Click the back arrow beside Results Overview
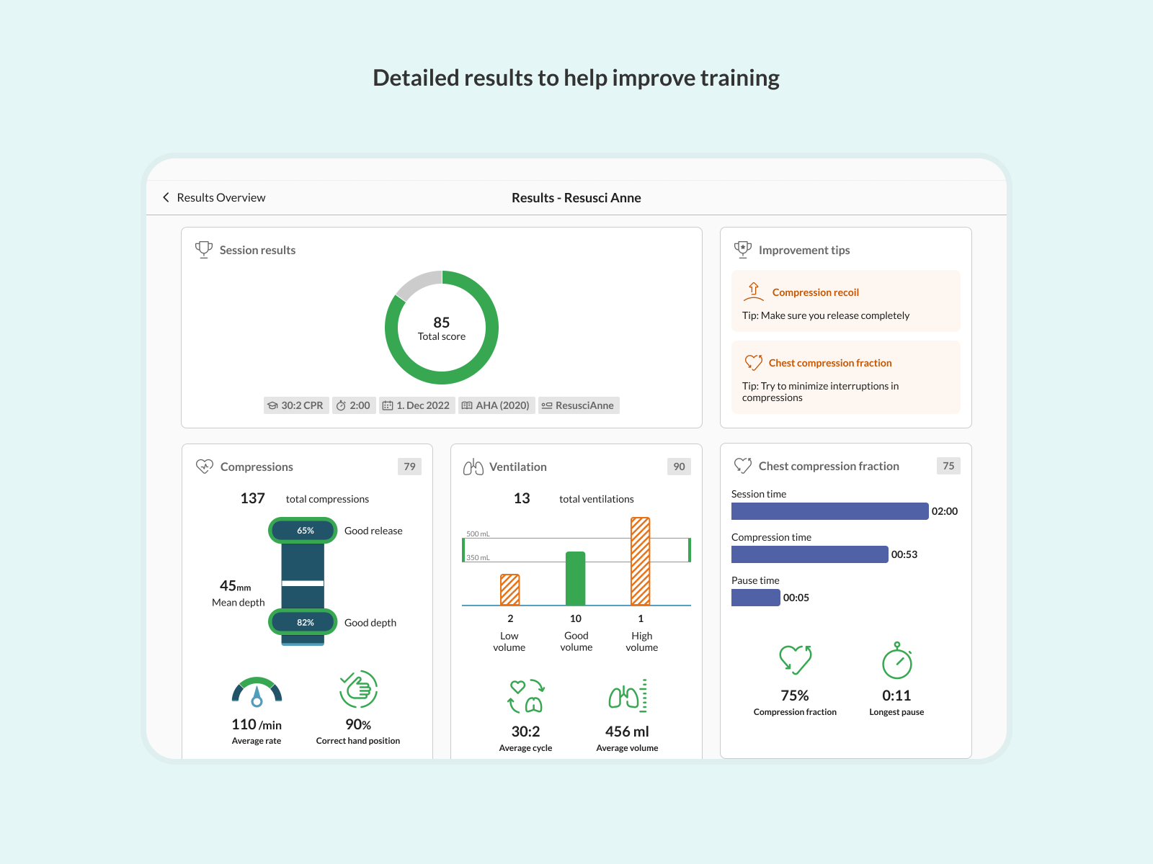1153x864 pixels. pyautogui.click(x=166, y=197)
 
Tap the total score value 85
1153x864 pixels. pyautogui.click(x=442, y=323)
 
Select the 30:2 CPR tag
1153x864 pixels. pyautogui.click(x=296, y=405)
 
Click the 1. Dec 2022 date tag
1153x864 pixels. pyautogui.click(x=417, y=405)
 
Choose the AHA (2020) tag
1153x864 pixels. pyautogui.click(x=496, y=405)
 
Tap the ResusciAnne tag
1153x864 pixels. pyautogui.click(x=578, y=405)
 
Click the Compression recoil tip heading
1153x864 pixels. pyautogui.click(x=815, y=292)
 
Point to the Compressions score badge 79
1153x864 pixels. pyautogui.click(x=409, y=467)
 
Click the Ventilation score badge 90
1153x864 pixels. pyautogui.click(x=679, y=467)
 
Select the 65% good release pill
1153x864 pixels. pyautogui.click(x=303, y=531)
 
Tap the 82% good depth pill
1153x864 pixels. pyautogui.click(x=303, y=622)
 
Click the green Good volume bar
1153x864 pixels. pyautogui.click(x=575, y=579)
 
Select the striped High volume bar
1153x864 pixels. pyautogui.click(x=641, y=562)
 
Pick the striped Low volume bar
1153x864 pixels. pyautogui.click(x=510, y=590)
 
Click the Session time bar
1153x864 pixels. pyautogui.click(x=829, y=511)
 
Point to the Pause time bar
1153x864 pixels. pyautogui.click(x=755, y=598)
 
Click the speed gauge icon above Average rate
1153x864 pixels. pyautogui.click(x=257, y=692)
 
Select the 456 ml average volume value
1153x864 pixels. pyautogui.click(x=627, y=732)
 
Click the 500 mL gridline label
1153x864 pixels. pyautogui.click(x=478, y=534)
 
